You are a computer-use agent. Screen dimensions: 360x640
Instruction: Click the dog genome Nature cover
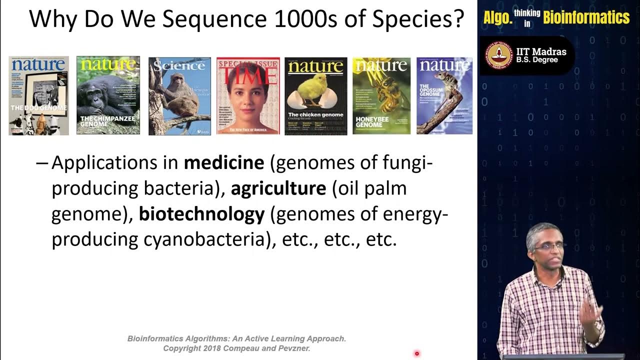click(38, 95)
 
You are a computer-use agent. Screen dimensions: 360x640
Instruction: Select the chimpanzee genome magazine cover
click(108, 95)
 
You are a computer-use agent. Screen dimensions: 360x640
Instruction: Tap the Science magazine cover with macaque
click(179, 95)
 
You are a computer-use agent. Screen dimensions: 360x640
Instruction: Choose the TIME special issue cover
click(248, 95)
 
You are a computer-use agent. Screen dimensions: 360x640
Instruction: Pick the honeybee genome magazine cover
click(381, 95)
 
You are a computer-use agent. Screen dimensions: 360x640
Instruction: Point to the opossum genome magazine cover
click(444, 95)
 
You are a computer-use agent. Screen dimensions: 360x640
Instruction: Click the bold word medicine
click(224, 163)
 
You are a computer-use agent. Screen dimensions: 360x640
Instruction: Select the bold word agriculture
click(278, 188)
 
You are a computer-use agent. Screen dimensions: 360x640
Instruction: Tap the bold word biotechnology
click(201, 214)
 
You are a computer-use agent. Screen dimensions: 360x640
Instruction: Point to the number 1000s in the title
click(313, 19)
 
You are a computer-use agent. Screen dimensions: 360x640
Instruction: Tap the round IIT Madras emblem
click(500, 55)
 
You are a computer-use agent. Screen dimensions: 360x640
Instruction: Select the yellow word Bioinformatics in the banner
click(586, 18)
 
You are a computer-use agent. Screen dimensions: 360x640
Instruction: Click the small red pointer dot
click(416, 354)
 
